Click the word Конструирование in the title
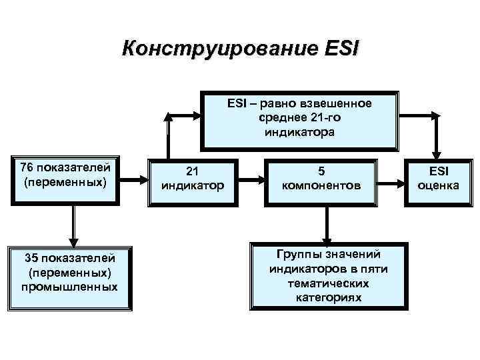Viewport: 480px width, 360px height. [x=207, y=48]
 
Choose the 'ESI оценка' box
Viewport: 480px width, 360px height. [x=438, y=179]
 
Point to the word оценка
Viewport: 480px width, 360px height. [x=438, y=185]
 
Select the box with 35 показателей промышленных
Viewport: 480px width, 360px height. [x=69, y=273]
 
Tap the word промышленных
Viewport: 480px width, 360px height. [x=69, y=287]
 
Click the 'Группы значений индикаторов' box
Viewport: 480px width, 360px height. [x=327, y=276]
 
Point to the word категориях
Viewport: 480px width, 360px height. [x=327, y=297]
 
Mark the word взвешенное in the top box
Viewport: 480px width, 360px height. [x=338, y=104]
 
